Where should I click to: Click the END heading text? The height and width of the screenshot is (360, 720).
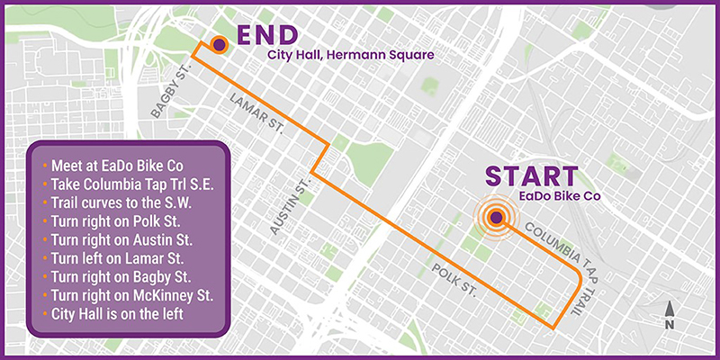coord(267,35)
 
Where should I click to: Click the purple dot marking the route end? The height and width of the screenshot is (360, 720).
coord(219,42)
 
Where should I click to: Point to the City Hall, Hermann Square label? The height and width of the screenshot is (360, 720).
coord(351,56)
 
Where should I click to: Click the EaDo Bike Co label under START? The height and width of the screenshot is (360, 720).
coord(559,195)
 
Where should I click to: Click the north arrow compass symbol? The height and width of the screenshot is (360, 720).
coord(670,312)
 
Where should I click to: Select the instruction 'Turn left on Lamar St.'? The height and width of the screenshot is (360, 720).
coord(116,259)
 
